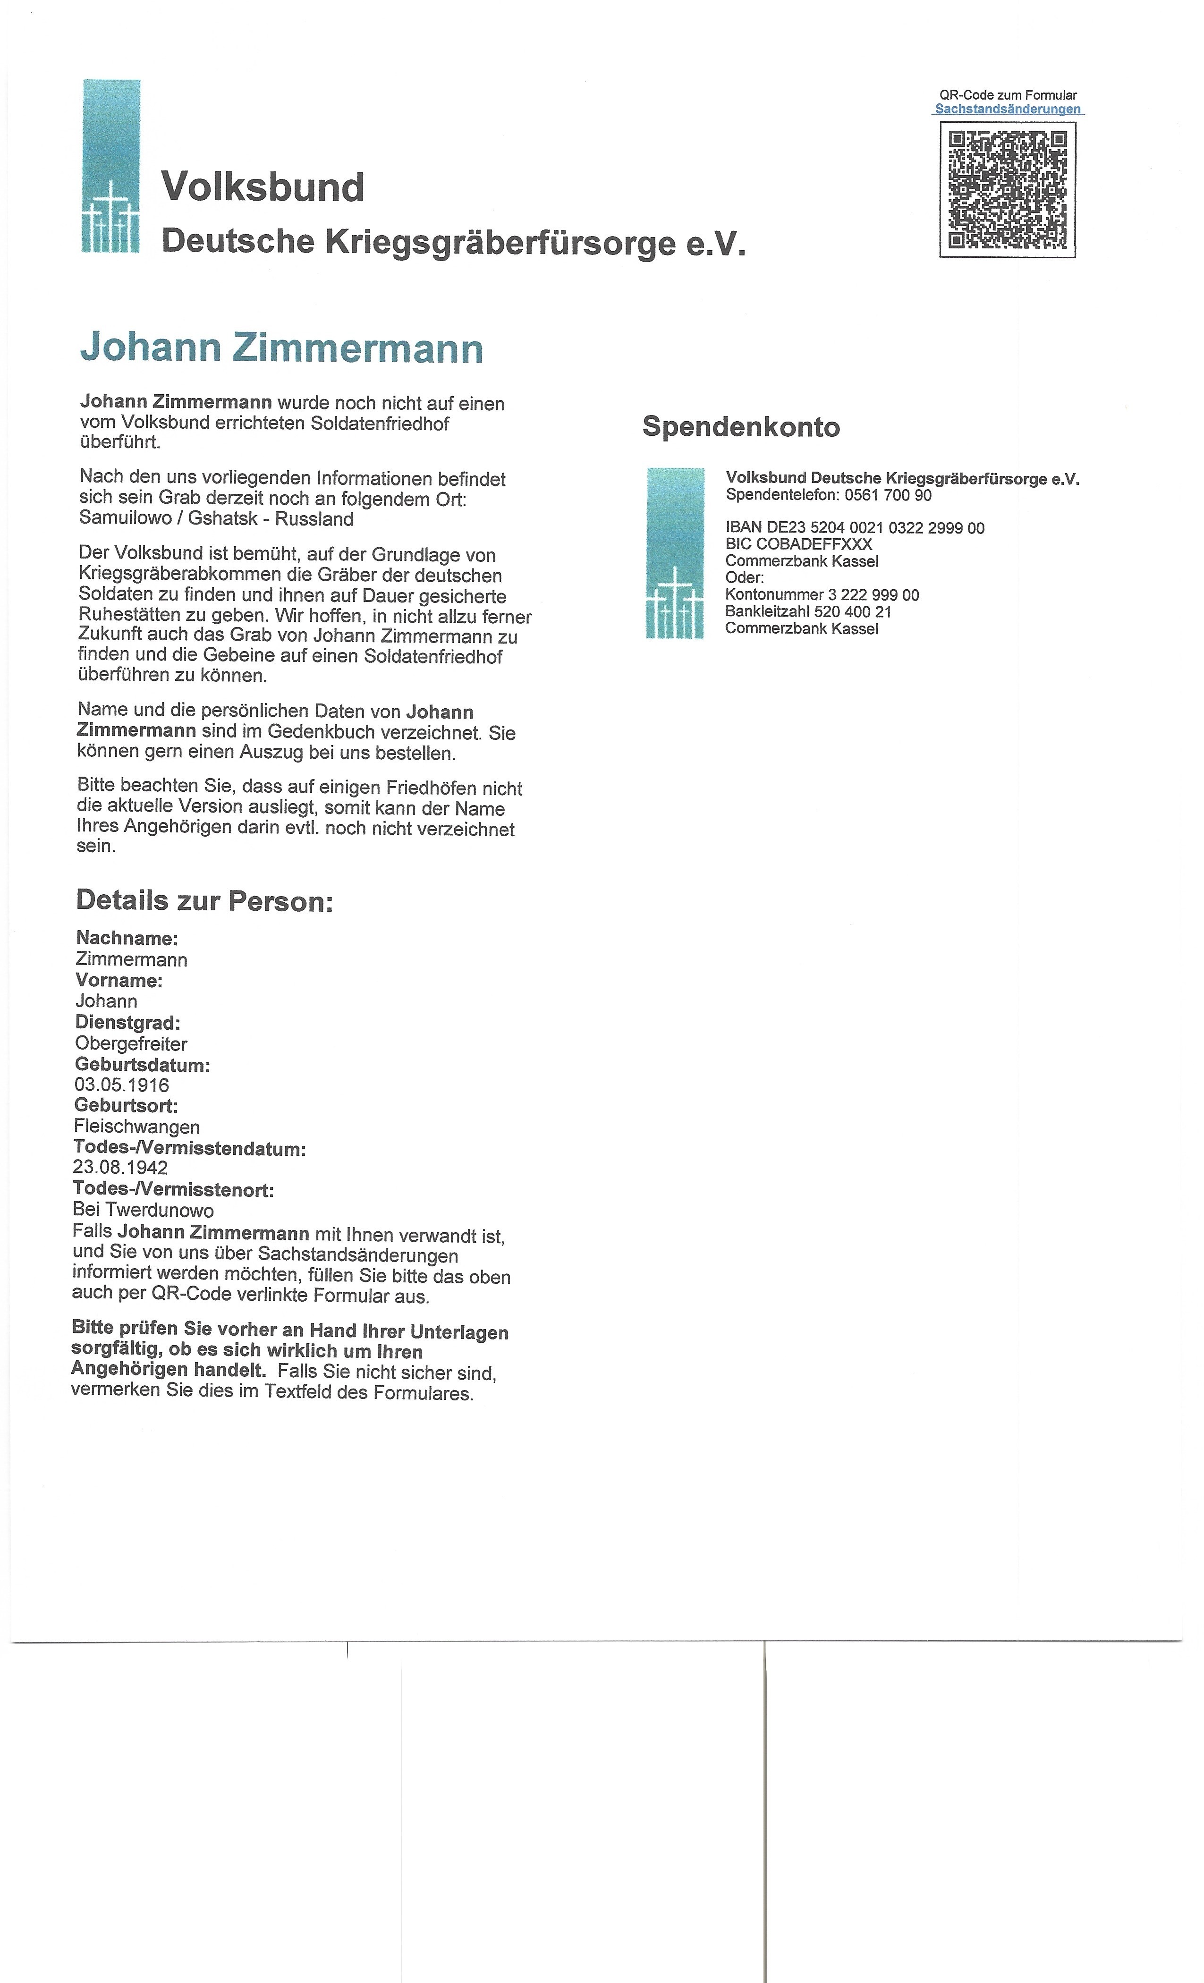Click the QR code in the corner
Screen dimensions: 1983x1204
1008,190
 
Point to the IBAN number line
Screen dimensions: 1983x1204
855,528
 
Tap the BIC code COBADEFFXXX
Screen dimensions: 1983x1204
798,544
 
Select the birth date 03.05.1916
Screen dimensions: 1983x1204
121,1085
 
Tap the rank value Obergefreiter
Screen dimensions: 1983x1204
131,1044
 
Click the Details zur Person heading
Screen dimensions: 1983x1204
204,901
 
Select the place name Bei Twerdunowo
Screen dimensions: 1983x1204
143,1211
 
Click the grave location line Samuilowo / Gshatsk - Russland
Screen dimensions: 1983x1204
216,519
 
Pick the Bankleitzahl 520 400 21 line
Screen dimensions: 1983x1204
808,611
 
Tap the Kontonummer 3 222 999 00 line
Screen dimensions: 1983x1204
822,595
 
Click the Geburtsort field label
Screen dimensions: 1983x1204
127,1106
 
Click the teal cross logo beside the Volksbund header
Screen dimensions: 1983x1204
111,167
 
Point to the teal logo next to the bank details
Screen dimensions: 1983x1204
674,554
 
